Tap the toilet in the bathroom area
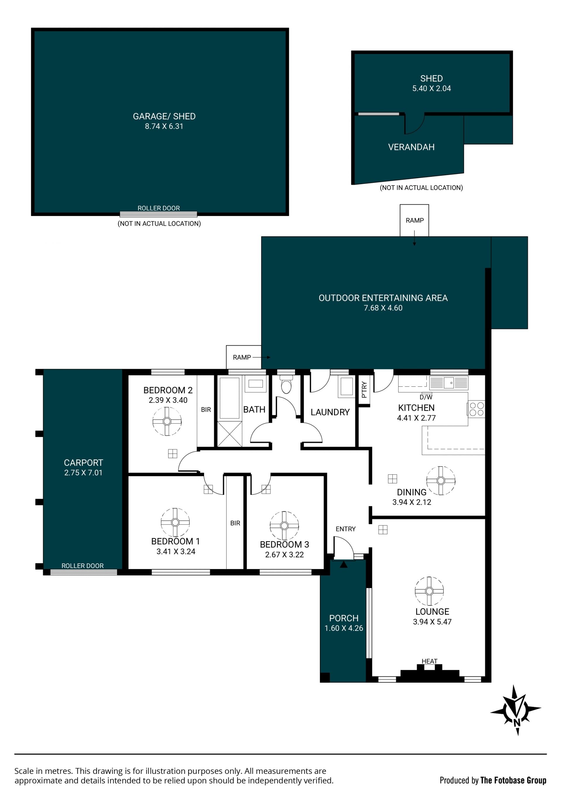[x=286, y=384]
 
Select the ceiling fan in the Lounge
[x=429, y=591]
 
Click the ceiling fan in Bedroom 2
[x=167, y=421]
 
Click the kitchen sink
[x=449, y=383]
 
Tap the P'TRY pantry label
[x=364, y=390]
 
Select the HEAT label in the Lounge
[x=429, y=661]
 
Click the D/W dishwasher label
[x=426, y=397]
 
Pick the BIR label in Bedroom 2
[x=206, y=410]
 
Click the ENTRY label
[x=346, y=529]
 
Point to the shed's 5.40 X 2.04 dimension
[x=431, y=89]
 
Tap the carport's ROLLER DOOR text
[x=83, y=566]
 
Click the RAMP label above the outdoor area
[x=414, y=220]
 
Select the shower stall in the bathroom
[x=230, y=434]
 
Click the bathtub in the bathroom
[x=230, y=398]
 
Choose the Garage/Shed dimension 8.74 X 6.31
[x=164, y=126]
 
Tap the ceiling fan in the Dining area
[x=441, y=480]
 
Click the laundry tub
[x=346, y=387]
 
